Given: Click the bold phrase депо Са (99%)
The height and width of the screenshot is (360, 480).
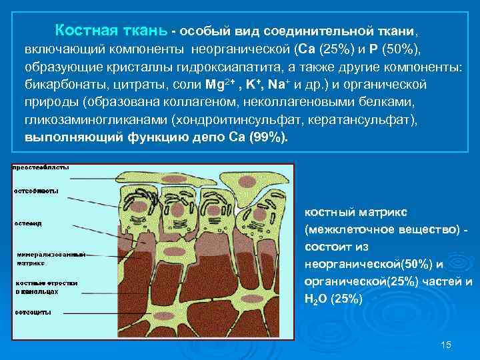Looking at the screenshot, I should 248,139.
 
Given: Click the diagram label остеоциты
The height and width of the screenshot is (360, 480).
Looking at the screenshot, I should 35,313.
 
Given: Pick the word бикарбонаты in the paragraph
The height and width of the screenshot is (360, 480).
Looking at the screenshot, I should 58,85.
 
